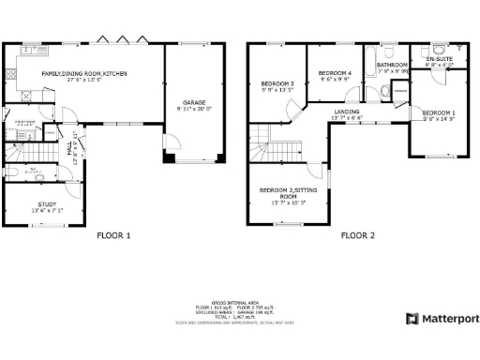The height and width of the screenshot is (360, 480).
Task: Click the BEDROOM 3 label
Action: click(x=277, y=85)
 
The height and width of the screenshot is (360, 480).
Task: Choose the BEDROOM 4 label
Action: click(x=335, y=73)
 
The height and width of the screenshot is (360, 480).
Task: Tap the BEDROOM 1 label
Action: click(x=439, y=112)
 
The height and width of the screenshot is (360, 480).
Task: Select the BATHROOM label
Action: click(x=392, y=65)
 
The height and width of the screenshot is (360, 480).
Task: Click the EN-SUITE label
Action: click(x=439, y=59)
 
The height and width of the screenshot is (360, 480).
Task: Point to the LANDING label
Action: click(x=347, y=112)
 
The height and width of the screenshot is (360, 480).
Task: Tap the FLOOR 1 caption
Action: click(x=114, y=235)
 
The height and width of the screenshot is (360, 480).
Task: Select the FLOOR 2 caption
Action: click(x=358, y=235)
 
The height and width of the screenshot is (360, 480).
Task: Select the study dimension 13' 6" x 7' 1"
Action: click(x=46, y=210)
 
